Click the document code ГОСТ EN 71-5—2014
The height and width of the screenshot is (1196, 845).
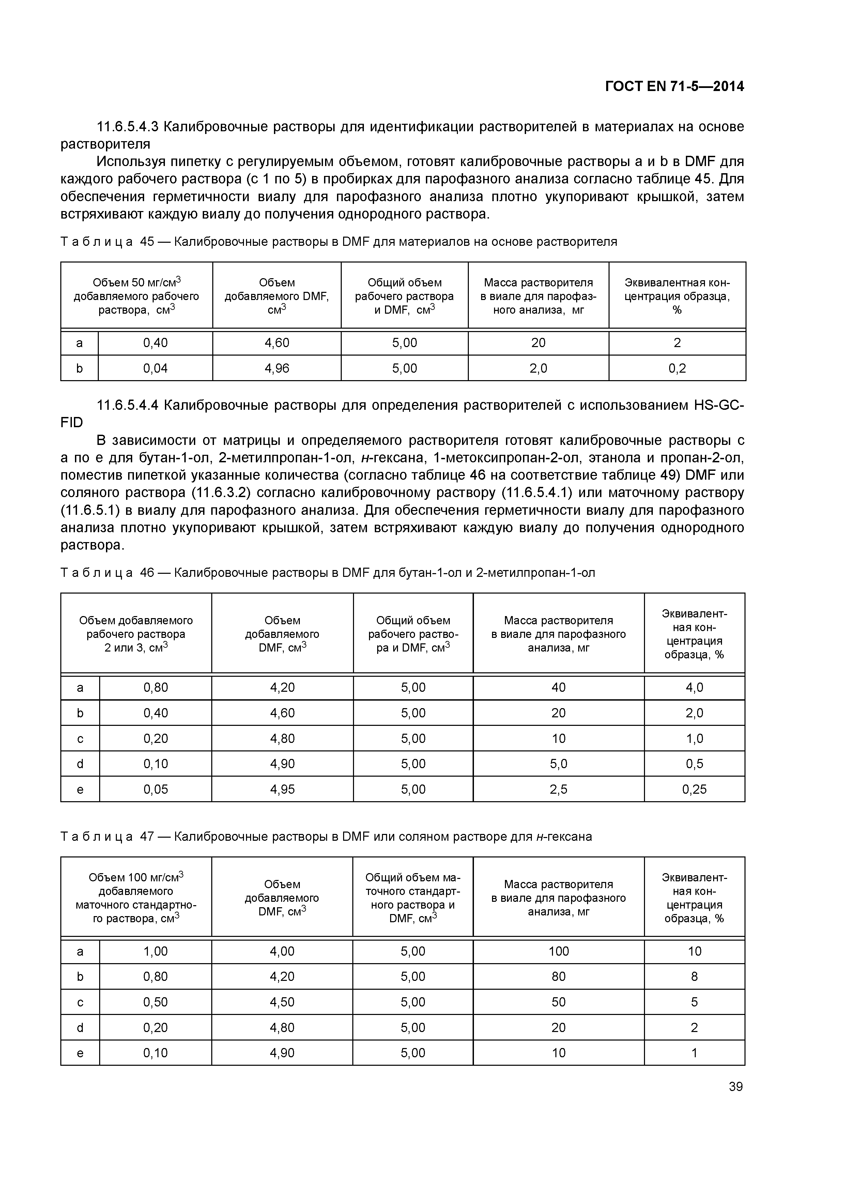[674, 87]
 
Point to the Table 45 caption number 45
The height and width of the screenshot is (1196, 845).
[147, 242]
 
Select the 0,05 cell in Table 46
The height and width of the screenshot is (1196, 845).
[156, 789]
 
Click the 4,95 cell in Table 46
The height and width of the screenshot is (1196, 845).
[282, 789]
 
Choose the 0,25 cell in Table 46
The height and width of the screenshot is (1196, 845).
[694, 789]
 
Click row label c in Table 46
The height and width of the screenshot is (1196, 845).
[80, 739]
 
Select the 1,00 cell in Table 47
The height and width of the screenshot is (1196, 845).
[156, 951]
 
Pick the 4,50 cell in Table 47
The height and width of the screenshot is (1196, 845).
[282, 1002]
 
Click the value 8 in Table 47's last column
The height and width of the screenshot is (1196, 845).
[694, 977]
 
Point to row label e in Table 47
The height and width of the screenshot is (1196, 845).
[80, 1053]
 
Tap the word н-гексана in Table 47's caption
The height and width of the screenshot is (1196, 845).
[564, 837]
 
